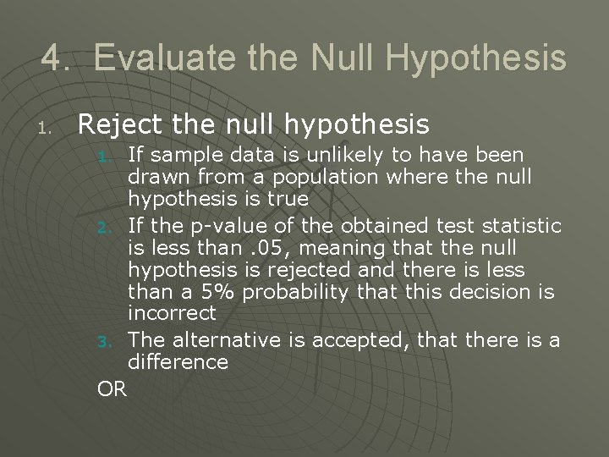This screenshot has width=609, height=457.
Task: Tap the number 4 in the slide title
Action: coord(52,58)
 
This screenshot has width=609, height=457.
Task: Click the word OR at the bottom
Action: coord(112,389)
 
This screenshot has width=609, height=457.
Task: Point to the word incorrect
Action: coord(172,312)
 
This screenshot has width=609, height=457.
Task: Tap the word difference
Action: coord(178,361)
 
